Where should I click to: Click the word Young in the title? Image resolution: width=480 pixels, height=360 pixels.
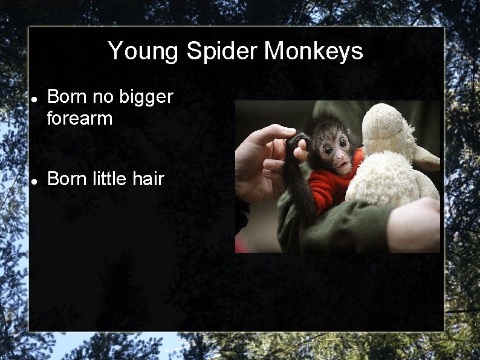pos(143,51)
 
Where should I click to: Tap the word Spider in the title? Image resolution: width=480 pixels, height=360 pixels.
pos(221,51)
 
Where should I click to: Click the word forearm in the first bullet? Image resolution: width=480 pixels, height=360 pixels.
pos(80,118)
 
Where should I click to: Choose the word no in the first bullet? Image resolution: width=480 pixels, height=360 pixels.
pos(98,97)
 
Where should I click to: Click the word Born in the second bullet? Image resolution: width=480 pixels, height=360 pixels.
pos(67,178)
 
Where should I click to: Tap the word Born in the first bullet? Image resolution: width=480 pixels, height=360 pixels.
pos(67,97)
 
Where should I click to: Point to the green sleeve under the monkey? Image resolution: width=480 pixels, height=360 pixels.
pos(339,224)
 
